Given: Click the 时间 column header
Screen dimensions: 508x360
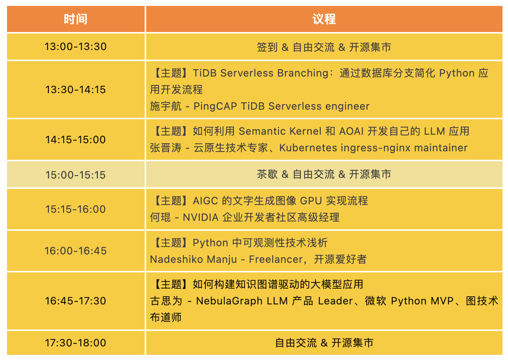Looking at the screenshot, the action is tap(75, 19).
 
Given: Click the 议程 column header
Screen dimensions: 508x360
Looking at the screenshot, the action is tap(324, 19).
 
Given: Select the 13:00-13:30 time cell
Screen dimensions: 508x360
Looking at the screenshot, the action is tap(75, 46).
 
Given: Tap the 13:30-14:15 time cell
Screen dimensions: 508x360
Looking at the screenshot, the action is tap(75, 89).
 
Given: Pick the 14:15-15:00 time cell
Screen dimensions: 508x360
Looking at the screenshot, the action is tap(75, 140).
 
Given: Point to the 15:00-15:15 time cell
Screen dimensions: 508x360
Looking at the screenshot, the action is tap(75, 175).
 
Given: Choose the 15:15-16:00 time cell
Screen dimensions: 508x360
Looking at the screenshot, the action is tap(75, 209).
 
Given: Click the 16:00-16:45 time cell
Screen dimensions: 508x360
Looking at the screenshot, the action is tap(75, 251).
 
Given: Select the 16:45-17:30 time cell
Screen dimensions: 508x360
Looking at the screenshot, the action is tap(75, 301).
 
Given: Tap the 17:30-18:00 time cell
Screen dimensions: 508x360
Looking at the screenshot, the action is tap(75, 343).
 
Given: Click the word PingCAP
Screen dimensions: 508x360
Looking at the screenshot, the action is tap(215, 106).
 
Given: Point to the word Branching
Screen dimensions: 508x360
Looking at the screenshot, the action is tap(303, 73).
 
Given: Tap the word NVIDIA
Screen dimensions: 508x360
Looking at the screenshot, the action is tap(201, 217).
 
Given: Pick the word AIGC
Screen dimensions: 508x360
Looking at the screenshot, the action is tap(205, 201).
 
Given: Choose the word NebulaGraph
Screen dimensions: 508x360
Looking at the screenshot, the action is tap(229, 301).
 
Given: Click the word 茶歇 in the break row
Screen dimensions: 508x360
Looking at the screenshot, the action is tap(267, 174).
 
